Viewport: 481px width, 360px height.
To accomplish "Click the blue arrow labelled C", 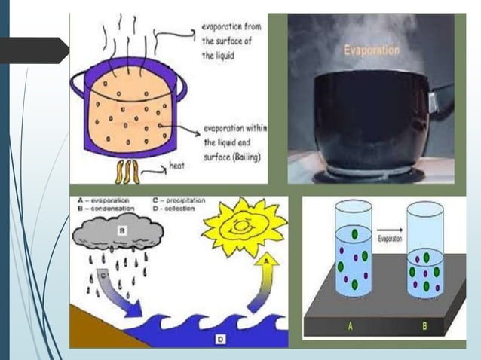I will click(121, 294).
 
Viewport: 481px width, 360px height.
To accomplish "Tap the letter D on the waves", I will click(220, 339).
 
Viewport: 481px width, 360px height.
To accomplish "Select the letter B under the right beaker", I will click(425, 326).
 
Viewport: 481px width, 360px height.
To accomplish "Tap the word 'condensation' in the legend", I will click(107, 208).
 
